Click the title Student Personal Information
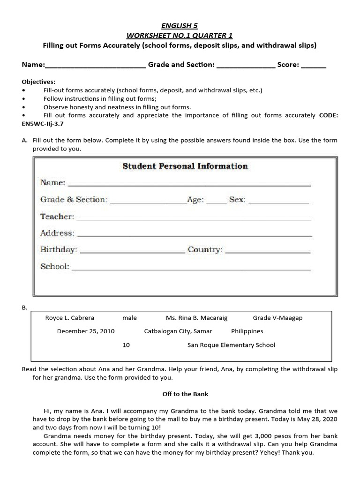(185, 166)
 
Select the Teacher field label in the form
(57, 217)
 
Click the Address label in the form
(57, 233)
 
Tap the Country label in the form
(205, 249)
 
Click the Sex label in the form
(237, 200)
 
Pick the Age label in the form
(195, 200)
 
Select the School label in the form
(55, 266)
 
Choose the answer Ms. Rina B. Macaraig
(196, 318)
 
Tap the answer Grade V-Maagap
(277, 318)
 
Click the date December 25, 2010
(86, 331)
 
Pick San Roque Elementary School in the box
(231, 345)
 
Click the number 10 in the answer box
(126, 345)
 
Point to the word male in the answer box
(129, 318)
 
